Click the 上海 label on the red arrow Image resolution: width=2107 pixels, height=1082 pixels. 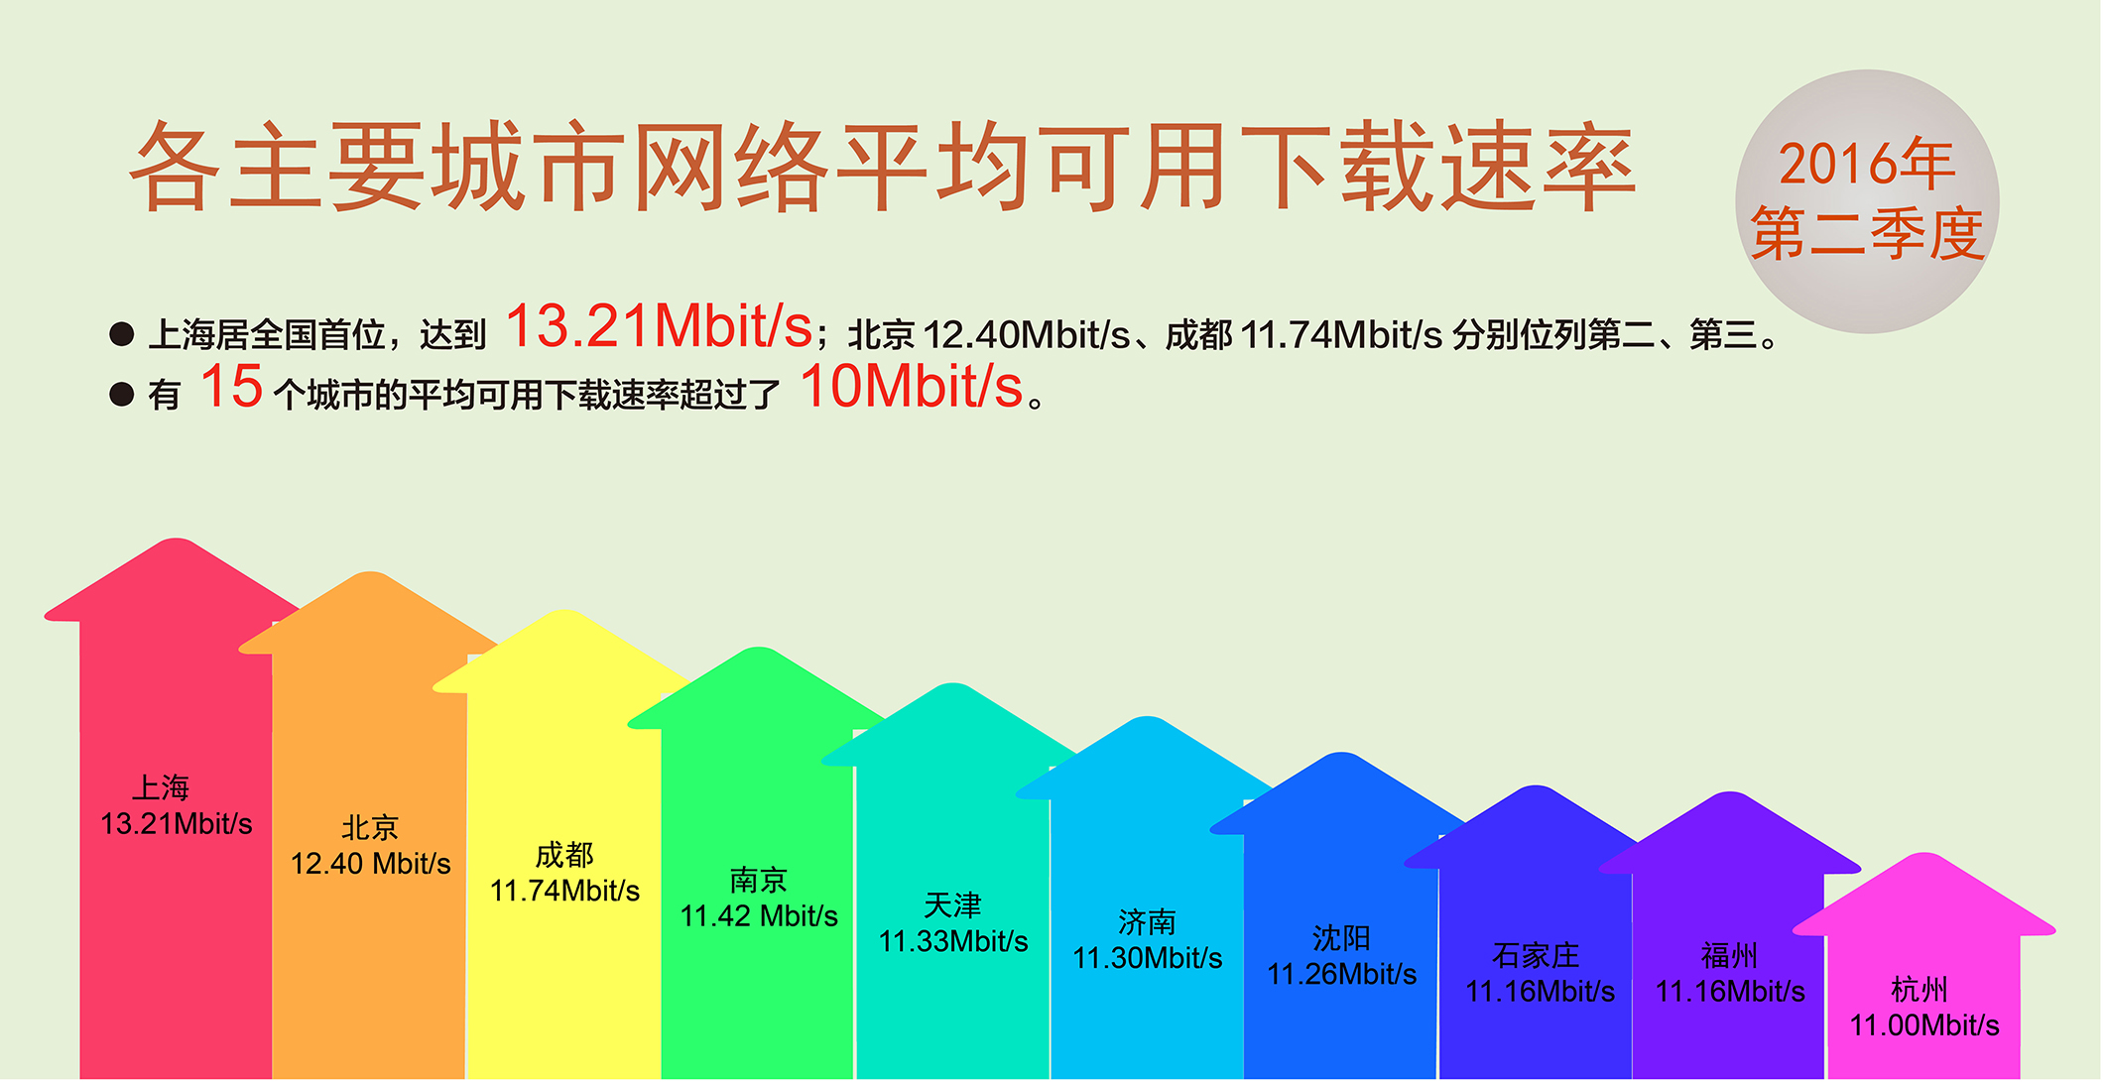tap(161, 787)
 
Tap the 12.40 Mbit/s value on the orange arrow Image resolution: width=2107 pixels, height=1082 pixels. tap(370, 864)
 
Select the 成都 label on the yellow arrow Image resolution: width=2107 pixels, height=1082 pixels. tap(564, 854)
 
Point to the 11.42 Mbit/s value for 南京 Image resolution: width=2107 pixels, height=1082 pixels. tap(759, 915)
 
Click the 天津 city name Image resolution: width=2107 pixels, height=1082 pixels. tap(952, 904)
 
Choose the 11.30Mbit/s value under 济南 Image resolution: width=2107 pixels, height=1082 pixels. tap(1148, 958)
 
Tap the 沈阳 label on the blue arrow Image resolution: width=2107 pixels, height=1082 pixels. tap(1341, 937)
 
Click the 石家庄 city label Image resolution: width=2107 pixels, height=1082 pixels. tap(1536, 955)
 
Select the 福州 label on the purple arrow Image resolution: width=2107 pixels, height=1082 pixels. tap(1730, 955)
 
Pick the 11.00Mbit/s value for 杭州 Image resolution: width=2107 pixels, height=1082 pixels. tap(1924, 1025)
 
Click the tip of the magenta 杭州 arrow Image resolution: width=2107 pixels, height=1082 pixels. tap(1924, 853)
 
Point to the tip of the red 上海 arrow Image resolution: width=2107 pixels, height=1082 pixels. tap(176, 539)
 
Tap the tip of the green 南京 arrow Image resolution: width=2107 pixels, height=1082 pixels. tap(759, 648)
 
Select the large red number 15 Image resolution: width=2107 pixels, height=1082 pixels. tap(231, 386)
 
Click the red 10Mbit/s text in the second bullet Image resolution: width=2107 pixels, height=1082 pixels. tap(912, 386)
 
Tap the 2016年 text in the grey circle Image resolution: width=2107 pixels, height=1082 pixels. tap(1866, 164)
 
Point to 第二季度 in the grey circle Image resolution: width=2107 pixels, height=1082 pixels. tap(1867, 234)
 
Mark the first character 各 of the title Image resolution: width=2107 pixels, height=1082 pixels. tap(176, 166)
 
